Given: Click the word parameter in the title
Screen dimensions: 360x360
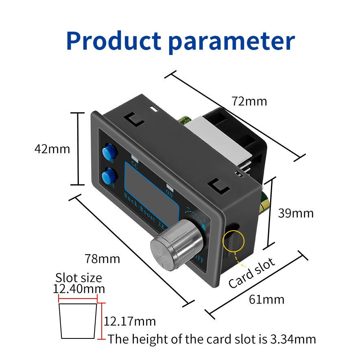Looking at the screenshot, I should pos(231,41).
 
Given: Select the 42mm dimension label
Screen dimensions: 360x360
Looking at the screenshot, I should pos(52,149).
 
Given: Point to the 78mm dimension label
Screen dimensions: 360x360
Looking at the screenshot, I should pos(103,258).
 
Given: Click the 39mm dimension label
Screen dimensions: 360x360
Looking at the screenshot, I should pos(296,213).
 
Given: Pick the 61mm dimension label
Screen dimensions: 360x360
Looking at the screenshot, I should pos(266,300).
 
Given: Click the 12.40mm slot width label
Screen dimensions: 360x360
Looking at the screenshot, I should pos(79,289).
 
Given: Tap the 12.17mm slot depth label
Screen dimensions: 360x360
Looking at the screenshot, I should pos(130,321).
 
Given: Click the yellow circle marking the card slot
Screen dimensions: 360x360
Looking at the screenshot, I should pos(233,240).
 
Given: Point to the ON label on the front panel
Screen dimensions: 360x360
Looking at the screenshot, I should pos(170,193).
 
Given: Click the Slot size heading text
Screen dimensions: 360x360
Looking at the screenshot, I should pos(79,278).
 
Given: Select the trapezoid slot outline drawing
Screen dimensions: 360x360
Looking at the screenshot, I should pos(79,321).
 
